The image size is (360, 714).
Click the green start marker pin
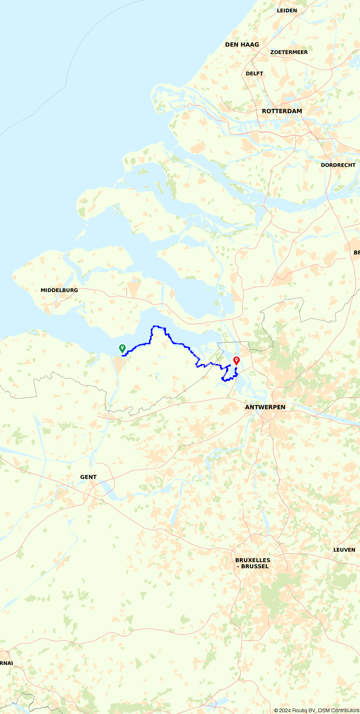(x=122, y=348)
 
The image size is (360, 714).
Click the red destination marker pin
(x=237, y=360)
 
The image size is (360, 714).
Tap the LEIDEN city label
(x=287, y=10)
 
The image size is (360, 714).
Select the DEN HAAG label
(x=242, y=45)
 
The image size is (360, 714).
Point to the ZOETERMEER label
(x=289, y=52)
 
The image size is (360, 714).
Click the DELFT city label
(x=255, y=73)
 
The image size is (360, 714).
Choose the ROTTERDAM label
(x=282, y=111)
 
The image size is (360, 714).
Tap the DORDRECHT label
(x=338, y=165)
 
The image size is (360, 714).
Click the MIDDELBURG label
(x=59, y=290)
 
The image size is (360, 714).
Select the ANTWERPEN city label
(x=265, y=407)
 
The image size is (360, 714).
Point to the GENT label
(x=88, y=477)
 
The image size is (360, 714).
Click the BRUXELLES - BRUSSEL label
(x=253, y=563)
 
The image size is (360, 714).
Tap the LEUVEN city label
(x=344, y=550)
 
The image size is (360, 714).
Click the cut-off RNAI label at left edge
(x=6, y=663)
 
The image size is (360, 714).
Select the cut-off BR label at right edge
(x=356, y=253)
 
